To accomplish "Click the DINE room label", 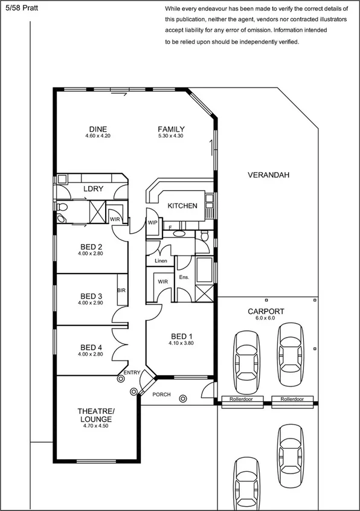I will (x=98, y=129).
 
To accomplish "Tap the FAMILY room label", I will (x=171, y=129).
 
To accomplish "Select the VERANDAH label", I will (x=269, y=175).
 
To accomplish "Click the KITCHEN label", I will (x=182, y=206).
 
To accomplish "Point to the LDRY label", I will (x=93, y=189).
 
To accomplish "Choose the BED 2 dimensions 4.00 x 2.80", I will (x=91, y=254).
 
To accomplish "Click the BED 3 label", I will (x=91, y=296).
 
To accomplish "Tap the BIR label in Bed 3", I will (x=121, y=291).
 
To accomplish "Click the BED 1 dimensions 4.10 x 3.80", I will (x=181, y=343).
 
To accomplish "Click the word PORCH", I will (x=161, y=395).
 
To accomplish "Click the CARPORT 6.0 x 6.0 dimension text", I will (x=266, y=318).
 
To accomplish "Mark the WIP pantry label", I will (x=152, y=223).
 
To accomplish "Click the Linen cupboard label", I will (x=161, y=262).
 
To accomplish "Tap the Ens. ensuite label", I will (x=184, y=277).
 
